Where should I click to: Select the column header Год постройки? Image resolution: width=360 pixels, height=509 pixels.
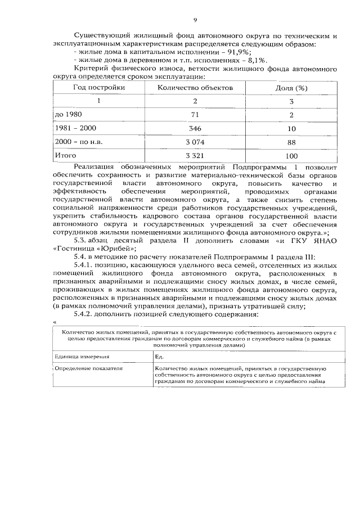pyautogui.click(x=98, y=88)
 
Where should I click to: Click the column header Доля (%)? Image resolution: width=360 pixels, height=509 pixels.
pyautogui.click(x=291, y=88)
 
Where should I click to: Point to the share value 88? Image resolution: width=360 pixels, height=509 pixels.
pyautogui.click(x=291, y=142)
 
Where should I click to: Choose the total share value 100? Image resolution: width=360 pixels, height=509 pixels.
pyautogui.click(x=291, y=156)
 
